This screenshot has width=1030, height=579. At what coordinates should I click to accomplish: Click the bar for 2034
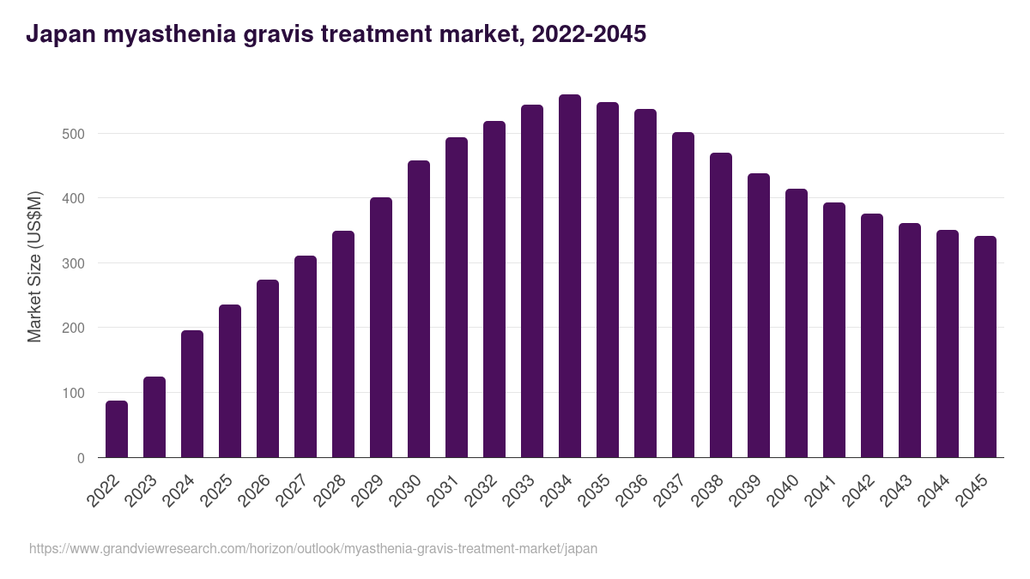click(x=570, y=276)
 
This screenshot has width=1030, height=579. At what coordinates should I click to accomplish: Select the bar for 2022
click(x=117, y=429)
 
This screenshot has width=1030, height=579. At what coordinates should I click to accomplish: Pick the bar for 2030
click(x=419, y=309)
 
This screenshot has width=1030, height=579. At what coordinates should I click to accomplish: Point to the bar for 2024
click(x=192, y=394)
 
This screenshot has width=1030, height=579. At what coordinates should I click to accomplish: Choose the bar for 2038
click(x=721, y=305)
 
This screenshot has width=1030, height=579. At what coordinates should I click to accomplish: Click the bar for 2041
click(x=834, y=330)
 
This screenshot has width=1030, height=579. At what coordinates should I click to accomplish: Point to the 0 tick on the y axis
click(x=81, y=458)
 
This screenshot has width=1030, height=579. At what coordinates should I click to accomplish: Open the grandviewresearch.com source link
click(x=313, y=548)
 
